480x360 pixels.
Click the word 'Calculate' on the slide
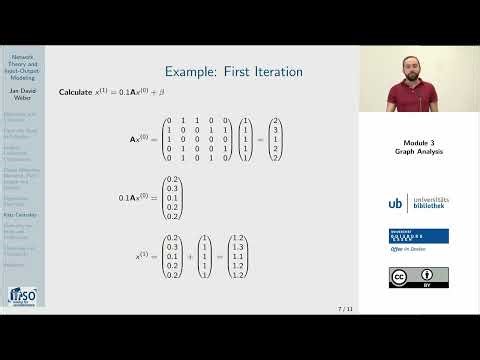pos(75,92)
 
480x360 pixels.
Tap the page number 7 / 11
pos(344,310)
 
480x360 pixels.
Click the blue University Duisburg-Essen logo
pos(419,236)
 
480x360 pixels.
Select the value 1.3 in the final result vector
pos(237,246)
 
